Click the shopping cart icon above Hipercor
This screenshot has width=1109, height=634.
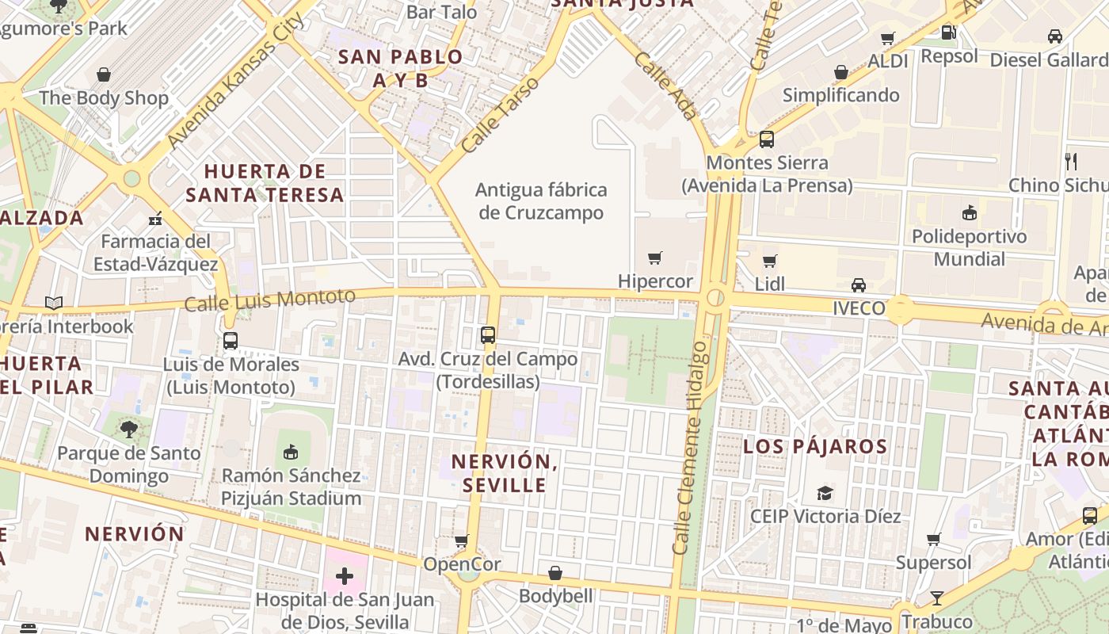[x=655, y=258]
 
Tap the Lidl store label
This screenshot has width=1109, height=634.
[x=770, y=284]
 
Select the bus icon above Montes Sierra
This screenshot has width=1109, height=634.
[x=766, y=139]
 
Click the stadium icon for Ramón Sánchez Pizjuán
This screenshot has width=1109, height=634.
[x=291, y=453]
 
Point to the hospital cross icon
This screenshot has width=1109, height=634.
[x=344, y=576]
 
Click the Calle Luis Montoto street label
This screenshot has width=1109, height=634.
[x=270, y=300]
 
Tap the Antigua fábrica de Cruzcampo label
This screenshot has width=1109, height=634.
[x=542, y=201]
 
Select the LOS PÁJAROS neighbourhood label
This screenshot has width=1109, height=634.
[x=815, y=446]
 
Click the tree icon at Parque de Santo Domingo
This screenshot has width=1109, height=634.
[x=128, y=430]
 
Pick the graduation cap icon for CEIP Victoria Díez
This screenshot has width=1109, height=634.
[x=825, y=493]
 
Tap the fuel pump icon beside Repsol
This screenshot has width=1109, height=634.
[x=948, y=32]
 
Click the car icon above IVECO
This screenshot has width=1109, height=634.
[x=858, y=285]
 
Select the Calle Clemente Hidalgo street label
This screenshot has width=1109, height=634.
[x=690, y=448]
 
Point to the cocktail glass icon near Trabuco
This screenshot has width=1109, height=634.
[x=937, y=598]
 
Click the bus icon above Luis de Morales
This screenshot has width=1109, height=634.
[x=231, y=341]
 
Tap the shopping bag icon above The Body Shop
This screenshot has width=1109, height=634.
[x=104, y=75]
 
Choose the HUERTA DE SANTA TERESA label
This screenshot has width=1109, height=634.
[x=265, y=183]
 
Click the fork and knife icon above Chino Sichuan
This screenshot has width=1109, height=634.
[x=1071, y=162]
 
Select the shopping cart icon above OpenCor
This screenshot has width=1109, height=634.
[x=462, y=541]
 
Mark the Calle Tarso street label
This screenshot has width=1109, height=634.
[x=500, y=115]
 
